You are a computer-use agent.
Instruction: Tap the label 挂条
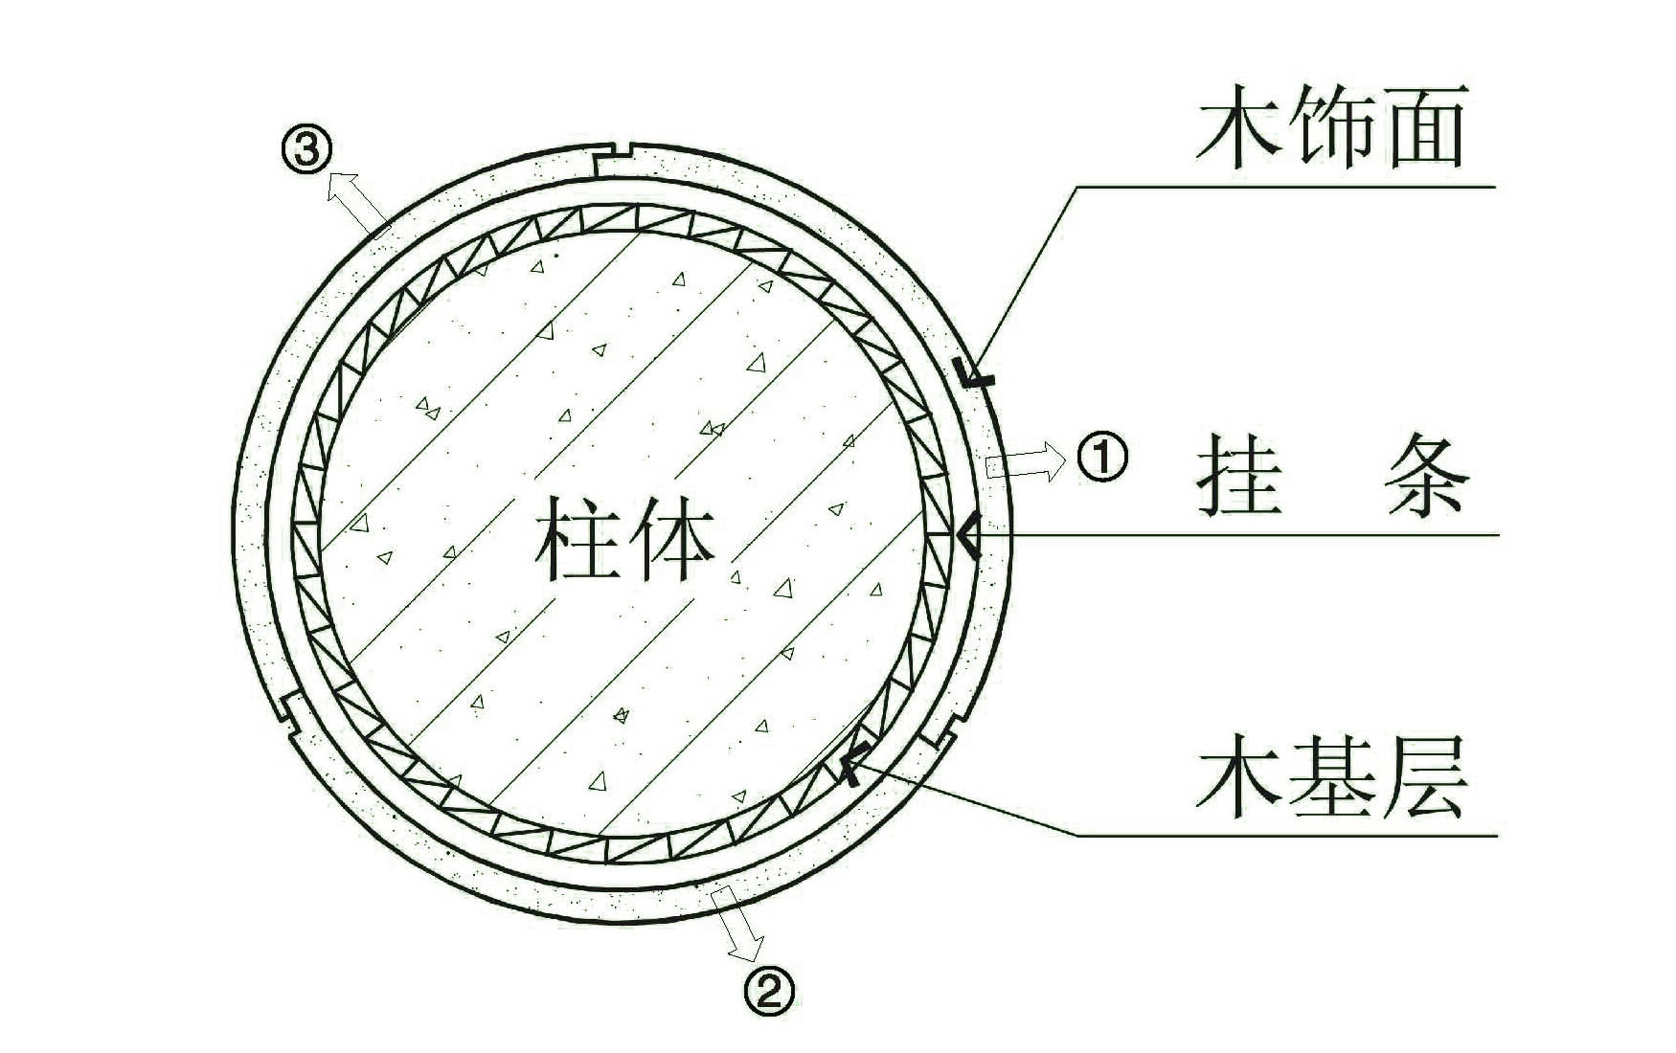pos(1331,477)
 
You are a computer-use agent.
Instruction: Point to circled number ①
pos(1102,458)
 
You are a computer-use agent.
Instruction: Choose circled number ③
pos(306,150)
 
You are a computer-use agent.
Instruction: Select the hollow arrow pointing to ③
pos(357,200)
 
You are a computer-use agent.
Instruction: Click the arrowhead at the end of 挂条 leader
pos(968,536)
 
